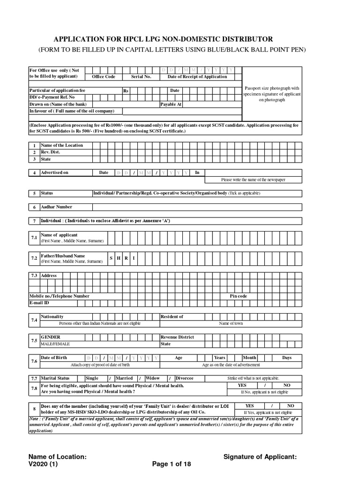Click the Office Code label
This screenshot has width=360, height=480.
pos(104,76)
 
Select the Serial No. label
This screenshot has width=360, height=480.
pos(141,76)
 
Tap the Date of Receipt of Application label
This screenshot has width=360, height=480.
pos(197,76)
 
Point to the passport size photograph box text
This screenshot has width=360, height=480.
pos(272,94)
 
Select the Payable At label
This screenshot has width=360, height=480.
pos(171,104)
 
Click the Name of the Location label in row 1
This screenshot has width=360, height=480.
pos(62,145)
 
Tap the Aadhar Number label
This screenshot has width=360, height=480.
pos(56,207)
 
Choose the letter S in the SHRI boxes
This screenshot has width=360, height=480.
pos(112,258)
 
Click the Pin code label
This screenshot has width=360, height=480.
pos(238,296)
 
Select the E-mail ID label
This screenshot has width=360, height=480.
pos(39,303)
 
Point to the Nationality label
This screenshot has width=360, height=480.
pos(52,317)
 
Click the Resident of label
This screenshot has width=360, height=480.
pos(172,317)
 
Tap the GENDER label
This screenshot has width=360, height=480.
pos(51,337)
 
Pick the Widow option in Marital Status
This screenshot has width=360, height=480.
pos(153,378)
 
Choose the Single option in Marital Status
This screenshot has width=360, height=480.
pos(92,378)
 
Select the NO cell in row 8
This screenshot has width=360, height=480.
pos(291,405)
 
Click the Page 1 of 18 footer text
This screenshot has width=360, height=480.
pos(172,464)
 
